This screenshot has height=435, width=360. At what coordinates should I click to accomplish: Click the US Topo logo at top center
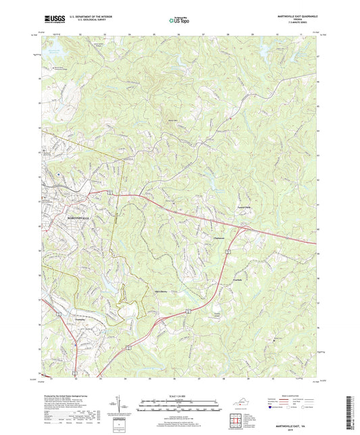click(178, 20)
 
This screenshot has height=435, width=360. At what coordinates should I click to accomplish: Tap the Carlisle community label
click(237, 279)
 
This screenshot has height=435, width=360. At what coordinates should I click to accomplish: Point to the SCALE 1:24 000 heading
click(180, 396)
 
